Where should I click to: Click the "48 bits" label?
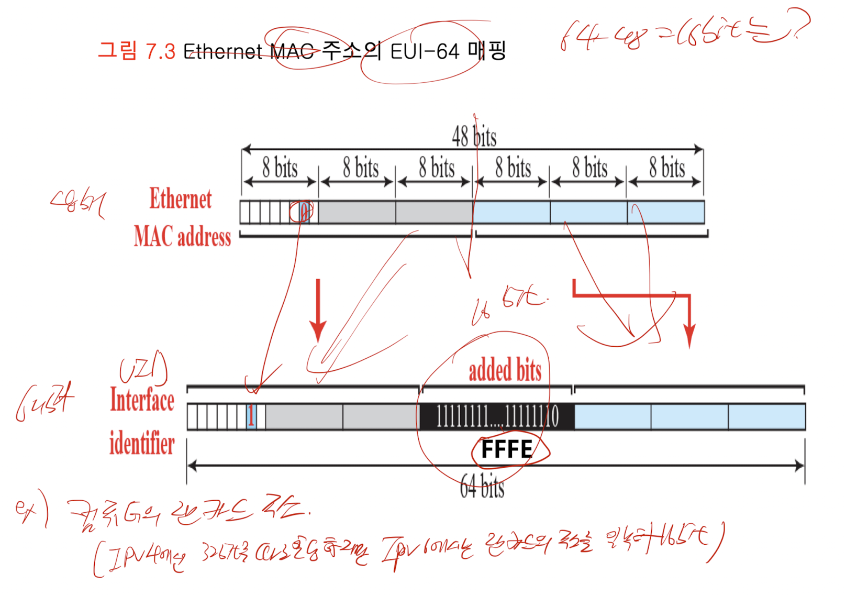[x=474, y=137]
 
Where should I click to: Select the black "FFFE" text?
[x=506, y=449]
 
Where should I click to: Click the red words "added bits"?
[x=505, y=370]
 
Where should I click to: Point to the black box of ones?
[x=497, y=417]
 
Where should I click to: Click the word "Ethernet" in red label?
[x=181, y=199]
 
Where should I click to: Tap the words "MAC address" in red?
[x=182, y=236]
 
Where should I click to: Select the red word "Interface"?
[x=142, y=400]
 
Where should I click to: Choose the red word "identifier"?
[x=142, y=444]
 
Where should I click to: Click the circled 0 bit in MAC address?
[x=303, y=212]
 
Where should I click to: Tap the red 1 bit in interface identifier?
[x=251, y=417]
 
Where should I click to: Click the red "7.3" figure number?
[x=160, y=51]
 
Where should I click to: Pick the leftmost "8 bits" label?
[x=280, y=168]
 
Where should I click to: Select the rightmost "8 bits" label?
[x=666, y=168]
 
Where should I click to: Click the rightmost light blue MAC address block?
[x=666, y=212]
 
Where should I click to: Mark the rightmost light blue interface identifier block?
[x=766, y=417]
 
